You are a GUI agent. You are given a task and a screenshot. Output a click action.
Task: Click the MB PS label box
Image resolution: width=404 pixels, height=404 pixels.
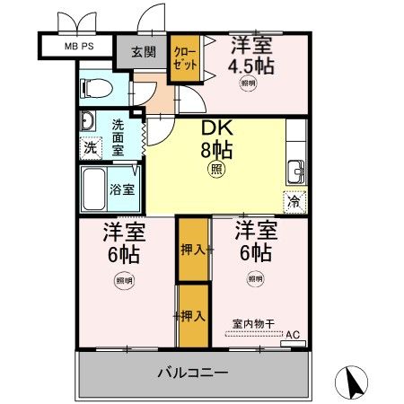click(75, 45)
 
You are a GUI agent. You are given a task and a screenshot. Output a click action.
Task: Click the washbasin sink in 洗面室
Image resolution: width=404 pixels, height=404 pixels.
click(88, 122)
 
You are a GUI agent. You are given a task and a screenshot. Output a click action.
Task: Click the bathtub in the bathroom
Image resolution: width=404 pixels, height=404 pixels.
click(94, 189)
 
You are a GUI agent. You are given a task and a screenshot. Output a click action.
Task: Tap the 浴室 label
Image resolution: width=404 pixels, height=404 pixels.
click(122, 190)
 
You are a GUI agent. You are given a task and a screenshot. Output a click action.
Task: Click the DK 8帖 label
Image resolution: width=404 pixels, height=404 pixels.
click(216, 140)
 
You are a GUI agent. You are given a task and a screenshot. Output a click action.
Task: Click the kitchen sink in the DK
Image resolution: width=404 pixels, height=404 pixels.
click(295, 169)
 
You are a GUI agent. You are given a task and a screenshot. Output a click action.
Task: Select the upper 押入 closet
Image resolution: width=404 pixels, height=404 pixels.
click(192, 249)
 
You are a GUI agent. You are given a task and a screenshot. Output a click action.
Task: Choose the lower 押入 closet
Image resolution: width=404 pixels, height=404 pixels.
click(192, 315)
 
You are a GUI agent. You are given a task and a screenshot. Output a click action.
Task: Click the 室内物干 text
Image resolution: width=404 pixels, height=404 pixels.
click(253, 323)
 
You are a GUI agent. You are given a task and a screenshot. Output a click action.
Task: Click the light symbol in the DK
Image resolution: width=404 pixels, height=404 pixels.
click(216, 168)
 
